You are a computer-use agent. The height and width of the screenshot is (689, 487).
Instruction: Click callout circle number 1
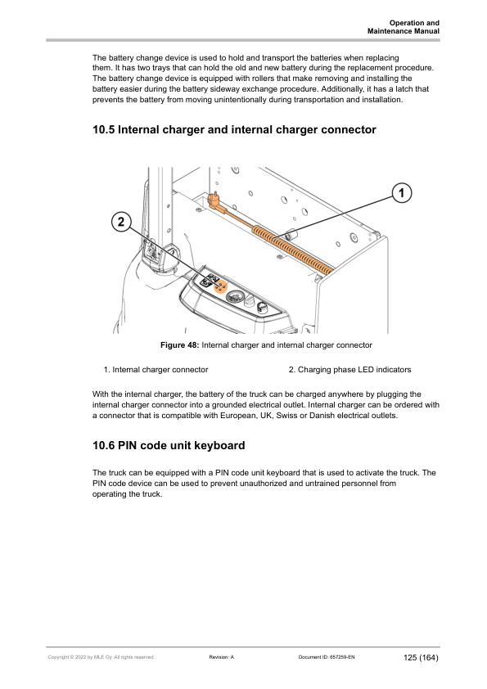coord(401,193)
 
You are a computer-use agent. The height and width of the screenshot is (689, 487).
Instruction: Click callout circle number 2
coord(121,222)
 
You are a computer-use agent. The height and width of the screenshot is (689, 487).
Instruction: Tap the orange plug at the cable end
coord(215,199)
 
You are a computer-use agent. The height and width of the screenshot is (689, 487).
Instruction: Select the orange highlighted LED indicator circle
coord(221,286)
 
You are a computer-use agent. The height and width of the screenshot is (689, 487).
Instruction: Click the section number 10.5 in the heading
coord(104,130)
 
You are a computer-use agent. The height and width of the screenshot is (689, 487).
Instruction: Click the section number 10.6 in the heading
coord(104,446)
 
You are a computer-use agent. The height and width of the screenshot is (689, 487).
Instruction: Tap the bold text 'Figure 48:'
coord(180,345)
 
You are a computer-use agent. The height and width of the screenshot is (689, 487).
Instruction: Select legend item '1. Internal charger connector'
coord(156,370)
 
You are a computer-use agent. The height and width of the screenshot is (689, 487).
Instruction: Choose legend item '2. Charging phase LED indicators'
coord(349,370)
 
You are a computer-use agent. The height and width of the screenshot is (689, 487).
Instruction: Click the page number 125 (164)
coord(421,657)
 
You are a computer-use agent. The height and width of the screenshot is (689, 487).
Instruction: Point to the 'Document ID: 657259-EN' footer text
coord(327,657)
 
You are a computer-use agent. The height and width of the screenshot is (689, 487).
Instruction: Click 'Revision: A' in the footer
coord(222,657)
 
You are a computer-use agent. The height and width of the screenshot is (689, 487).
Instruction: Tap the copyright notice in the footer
coord(101,657)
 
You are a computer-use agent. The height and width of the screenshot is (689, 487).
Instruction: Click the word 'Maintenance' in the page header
coord(388,31)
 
